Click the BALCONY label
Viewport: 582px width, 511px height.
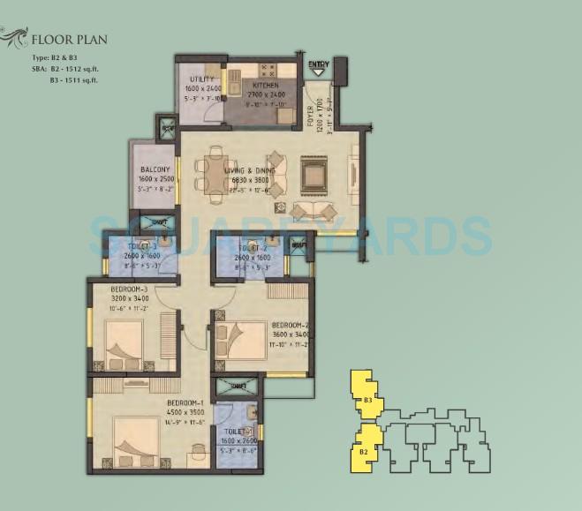pos(155,169)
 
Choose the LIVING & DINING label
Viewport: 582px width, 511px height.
pos(249,169)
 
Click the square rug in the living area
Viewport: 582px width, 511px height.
pos(314,173)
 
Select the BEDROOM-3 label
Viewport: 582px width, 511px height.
pos(132,289)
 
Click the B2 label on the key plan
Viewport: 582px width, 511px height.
pos(364,452)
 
